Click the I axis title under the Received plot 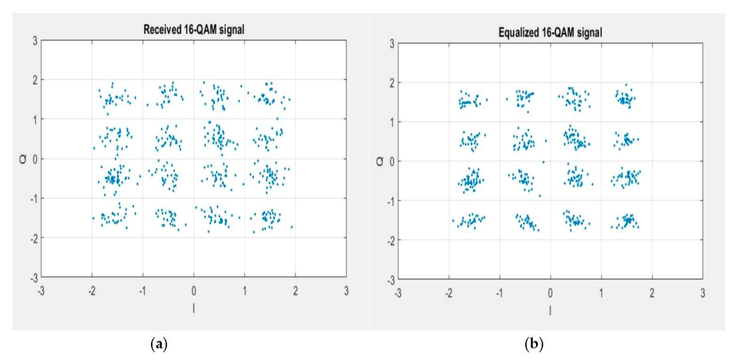[194, 308]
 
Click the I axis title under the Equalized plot [550, 310]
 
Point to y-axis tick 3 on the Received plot [34, 40]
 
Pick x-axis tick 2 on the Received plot [295, 291]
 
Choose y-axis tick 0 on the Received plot [34, 159]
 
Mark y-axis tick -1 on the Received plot [32, 198]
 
